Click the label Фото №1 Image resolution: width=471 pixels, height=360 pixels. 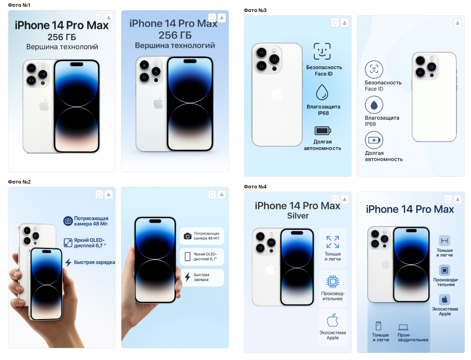click(19, 5)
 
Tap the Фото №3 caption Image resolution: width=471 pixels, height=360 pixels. click(255, 10)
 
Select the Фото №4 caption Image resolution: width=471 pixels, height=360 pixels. click(255, 187)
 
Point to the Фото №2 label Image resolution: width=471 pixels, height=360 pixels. click(19, 182)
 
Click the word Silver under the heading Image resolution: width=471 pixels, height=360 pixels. click(298, 216)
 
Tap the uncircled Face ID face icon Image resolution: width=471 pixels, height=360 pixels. click(322, 51)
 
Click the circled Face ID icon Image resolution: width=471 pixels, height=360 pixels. click(374, 70)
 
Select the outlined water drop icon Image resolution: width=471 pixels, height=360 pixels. click(322, 92)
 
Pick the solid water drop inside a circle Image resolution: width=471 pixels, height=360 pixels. click(374, 105)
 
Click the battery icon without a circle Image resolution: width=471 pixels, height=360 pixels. click(323, 131)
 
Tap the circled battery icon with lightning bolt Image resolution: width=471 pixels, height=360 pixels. click(374, 140)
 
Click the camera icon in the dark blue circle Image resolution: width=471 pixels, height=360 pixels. click(68, 221)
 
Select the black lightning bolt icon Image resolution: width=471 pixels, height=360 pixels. click(187, 277)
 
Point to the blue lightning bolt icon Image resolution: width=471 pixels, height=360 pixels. click(68, 262)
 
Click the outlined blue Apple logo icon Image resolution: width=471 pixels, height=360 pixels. click(332, 320)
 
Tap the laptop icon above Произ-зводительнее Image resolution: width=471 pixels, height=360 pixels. click(403, 327)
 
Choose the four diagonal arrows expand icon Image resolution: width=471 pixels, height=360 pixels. click(333, 242)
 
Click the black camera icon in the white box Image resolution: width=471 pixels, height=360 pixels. click(188, 236)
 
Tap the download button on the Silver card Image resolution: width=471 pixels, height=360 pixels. click(344, 199)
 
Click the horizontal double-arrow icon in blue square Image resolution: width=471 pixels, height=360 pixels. click(444, 241)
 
